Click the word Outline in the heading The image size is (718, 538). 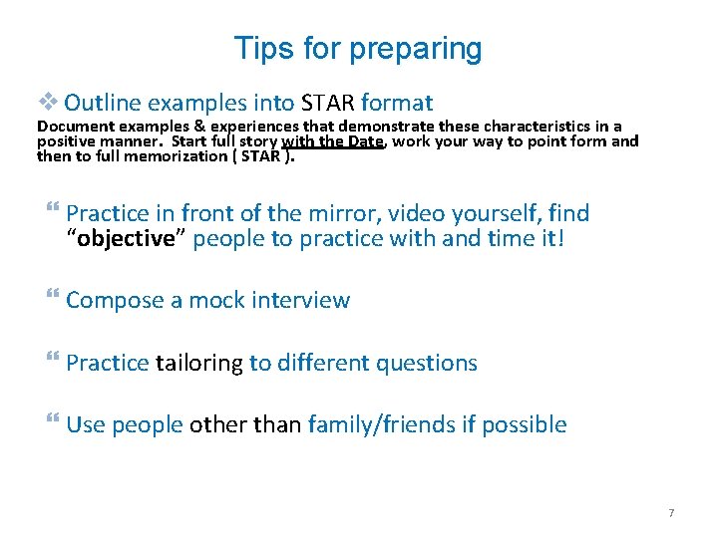pos(105,102)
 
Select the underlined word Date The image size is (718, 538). pos(365,140)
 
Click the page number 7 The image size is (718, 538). pos(670,513)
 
